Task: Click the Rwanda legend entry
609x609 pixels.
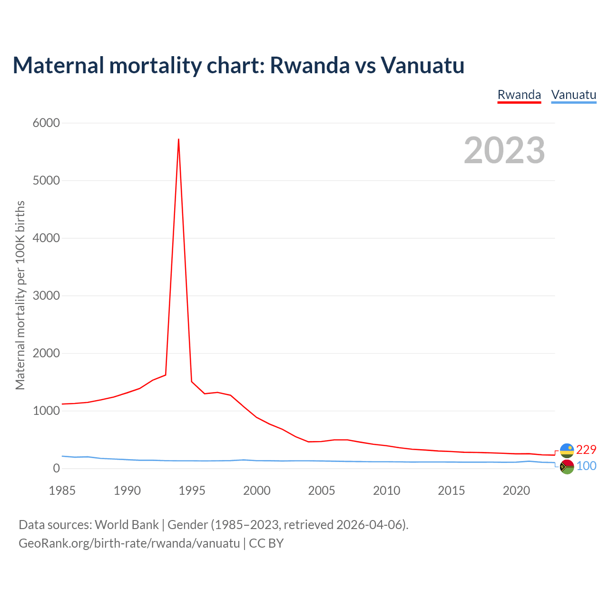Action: tap(519, 95)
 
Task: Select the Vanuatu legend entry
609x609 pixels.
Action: tap(573, 95)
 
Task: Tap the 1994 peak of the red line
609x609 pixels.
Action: tap(178, 139)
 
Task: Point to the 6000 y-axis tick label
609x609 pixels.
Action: tap(46, 123)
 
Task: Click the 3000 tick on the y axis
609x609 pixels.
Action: tap(46, 296)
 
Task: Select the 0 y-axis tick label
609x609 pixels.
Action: tap(57, 469)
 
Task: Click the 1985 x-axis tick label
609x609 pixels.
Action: tap(62, 491)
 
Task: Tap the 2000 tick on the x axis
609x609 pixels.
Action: tap(257, 491)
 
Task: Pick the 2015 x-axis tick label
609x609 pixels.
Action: tap(451, 491)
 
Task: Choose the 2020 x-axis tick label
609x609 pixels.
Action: tap(516, 491)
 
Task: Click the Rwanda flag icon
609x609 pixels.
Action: tap(567, 450)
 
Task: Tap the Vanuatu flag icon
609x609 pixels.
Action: tap(567, 467)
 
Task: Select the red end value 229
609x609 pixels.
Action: tap(586, 450)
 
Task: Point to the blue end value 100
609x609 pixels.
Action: tap(586, 466)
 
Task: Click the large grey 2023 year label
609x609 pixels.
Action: tap(504, 150)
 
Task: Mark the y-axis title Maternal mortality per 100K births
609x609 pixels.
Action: tap(20, 295)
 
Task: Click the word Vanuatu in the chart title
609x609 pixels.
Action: tap(422, 65)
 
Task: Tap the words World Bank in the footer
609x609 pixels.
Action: tap(127, 525)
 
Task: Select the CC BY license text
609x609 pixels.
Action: tap(266, 543)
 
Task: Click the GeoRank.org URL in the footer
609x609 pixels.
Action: tap(129, 543)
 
